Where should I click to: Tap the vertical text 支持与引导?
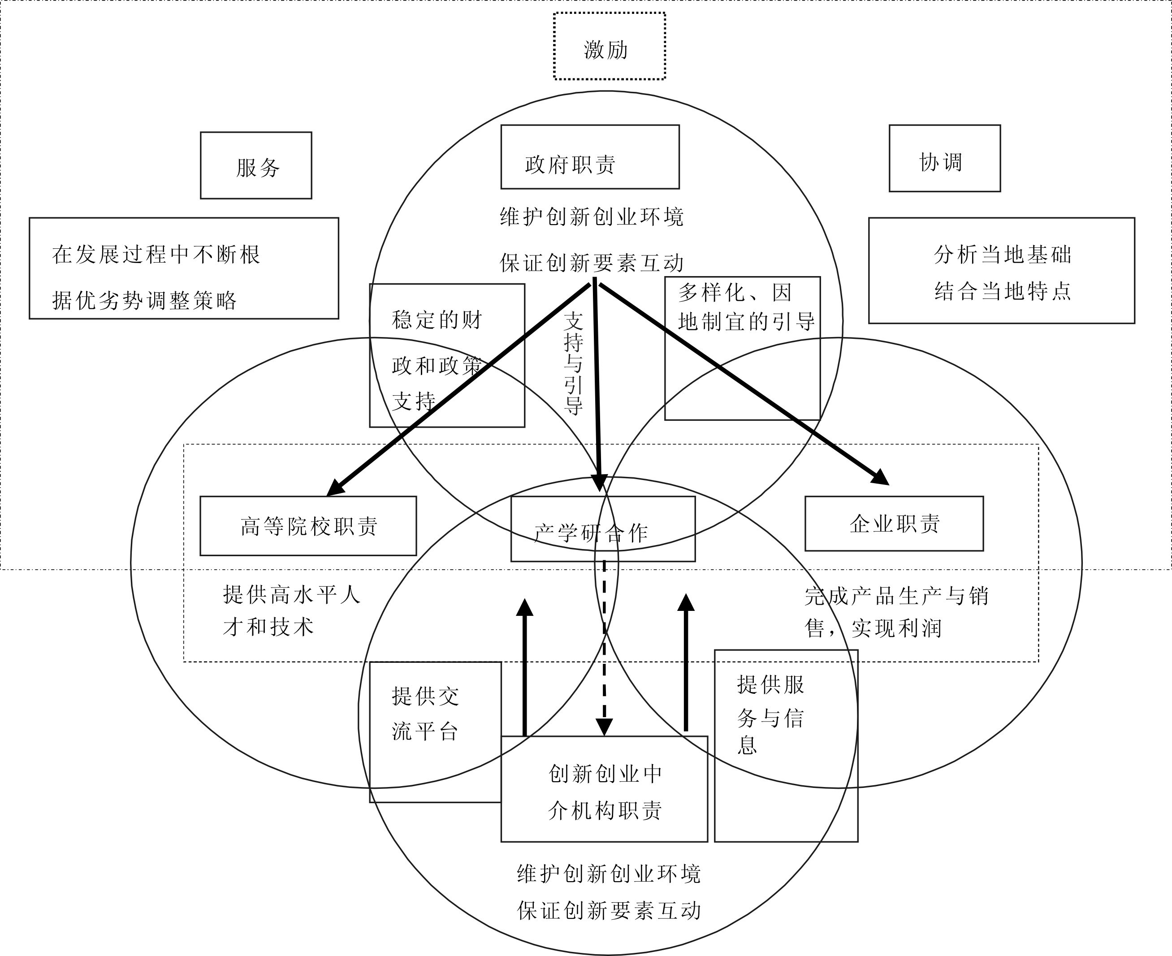tap(573, 363)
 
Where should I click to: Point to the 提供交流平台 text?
tap(425, 714)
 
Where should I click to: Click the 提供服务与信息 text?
tap(770, 714)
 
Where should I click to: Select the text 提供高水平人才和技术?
tap(292, 611)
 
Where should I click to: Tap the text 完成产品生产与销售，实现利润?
tap(897, 612)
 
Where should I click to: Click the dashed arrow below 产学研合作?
tap(604, 648)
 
